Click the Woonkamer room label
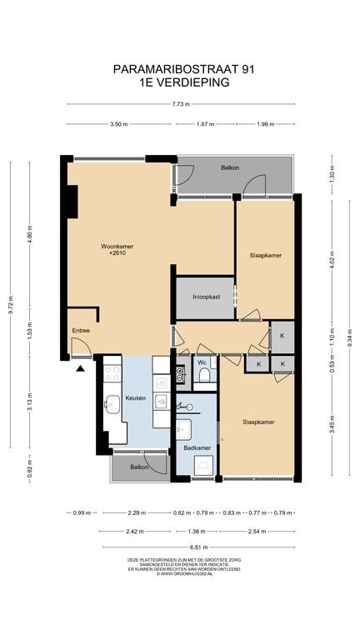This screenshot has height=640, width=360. pyautogui.click(x=117, y=247)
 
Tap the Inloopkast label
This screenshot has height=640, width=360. pyautogui.click(x=207, y=297)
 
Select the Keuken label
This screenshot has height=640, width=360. pyautogui.click(x=136, y=398)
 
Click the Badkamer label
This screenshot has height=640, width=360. pyautogui.click(x=197, y=447)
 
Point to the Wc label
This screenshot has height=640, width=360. pyautogui.click(x=202, y=362)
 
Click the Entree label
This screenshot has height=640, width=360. pyautogui.click(x=81, y=331)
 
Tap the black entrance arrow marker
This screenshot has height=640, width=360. pyautogui.click(x=80, y=369)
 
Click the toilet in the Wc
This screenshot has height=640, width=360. pyautogui.click(x=204, y=375)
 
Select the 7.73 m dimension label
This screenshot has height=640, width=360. pyautogui.click(x=181, y=104)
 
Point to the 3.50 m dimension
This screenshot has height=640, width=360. pyautogui.click(x=118, y=124)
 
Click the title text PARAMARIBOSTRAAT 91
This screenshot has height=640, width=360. pyautogui.click(x=183, y=69)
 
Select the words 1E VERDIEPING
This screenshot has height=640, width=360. pyautogui.click(x=183, y=82)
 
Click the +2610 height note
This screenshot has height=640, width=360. pyautogui.click(x=117, y=253)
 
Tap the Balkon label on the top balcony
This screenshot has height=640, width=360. pyautogui.click(x=230, y=167)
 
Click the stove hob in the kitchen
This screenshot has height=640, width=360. pyautogui.click(x=112, y=373)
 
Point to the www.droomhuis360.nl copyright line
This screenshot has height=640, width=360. pyautogui.click(x=183, y=573)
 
